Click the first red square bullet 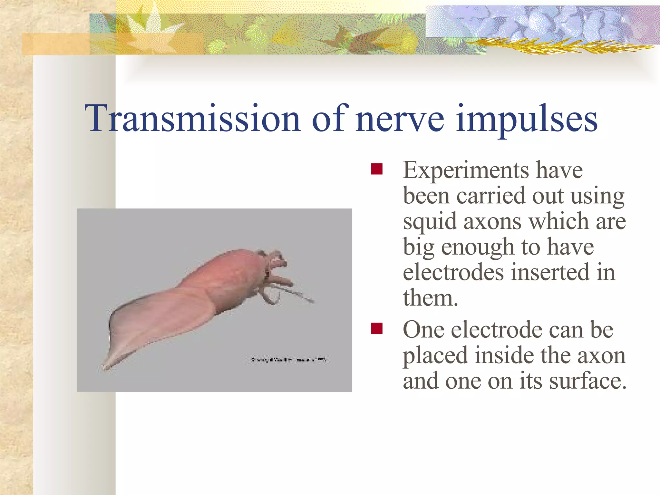376,169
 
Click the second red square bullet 376,329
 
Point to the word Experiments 466,171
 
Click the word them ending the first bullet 430,298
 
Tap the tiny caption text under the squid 288,359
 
